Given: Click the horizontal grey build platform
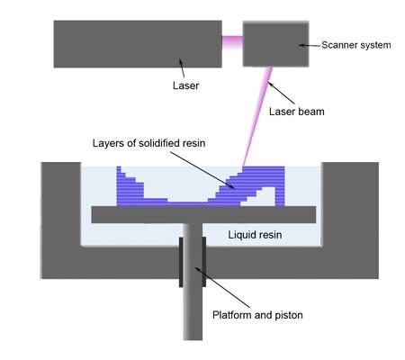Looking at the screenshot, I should [x=202, y=213].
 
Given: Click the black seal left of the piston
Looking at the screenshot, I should [x=183, y=261].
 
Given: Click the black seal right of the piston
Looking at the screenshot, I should [x=208, y=261].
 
